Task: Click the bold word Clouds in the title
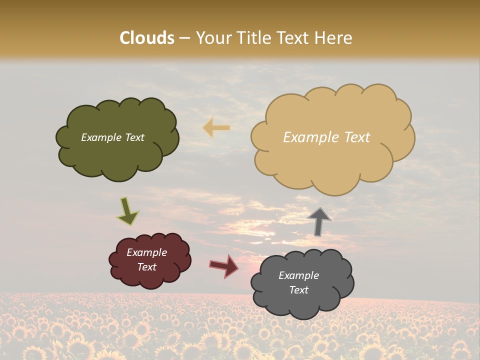tap(147, 38)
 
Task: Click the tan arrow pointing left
tap(216, 128)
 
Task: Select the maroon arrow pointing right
tap(224, 265)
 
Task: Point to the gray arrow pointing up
tap(318, 221)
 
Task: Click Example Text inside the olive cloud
tap(112, 137)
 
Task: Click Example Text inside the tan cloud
tap(326, 137)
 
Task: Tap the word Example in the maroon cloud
tap(146, 252)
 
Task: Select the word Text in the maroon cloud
tap(146, 267)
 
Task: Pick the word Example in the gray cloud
tap(298, 275)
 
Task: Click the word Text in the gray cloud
tap(298, 290)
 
